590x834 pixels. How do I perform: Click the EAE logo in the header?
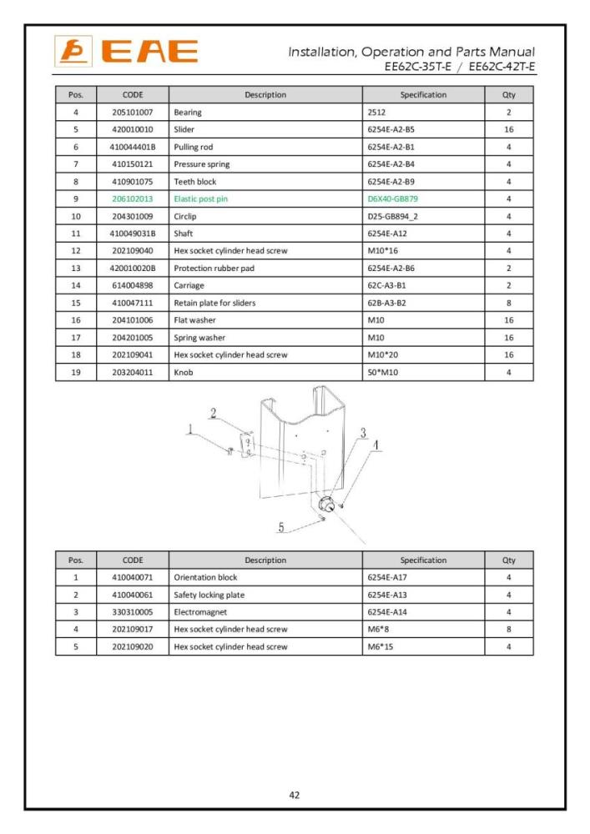127,51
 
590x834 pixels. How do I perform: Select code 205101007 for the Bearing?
133,112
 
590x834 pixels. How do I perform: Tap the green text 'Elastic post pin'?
201,198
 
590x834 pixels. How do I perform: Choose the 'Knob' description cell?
183,372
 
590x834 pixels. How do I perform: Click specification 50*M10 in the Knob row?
383,372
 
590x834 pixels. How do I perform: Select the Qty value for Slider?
508,129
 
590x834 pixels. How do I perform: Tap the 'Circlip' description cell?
186,216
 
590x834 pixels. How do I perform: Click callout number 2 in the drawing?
214,412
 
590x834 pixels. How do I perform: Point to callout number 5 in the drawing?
281,526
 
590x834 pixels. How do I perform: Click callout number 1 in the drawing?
190,430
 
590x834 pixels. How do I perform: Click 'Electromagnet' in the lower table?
199,611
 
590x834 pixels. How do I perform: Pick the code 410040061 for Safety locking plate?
133,595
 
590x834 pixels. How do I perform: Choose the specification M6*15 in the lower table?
380,646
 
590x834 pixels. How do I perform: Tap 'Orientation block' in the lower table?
205,577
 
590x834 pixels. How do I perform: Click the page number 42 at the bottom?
295,795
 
